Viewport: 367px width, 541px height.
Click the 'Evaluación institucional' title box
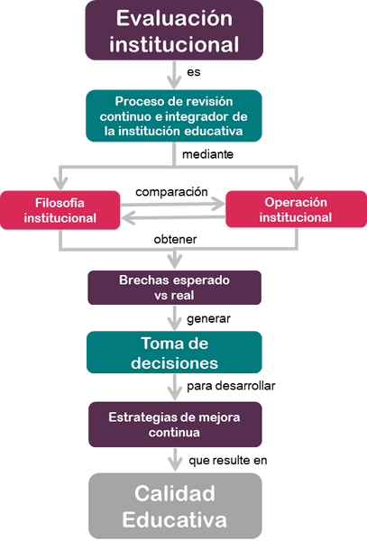[174, 31]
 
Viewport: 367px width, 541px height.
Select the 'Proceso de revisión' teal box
[174, 116]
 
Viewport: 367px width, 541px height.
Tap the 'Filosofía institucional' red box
[60, 210]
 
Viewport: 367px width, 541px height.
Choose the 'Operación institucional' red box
[296, 209]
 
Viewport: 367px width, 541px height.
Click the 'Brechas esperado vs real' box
[175, 288]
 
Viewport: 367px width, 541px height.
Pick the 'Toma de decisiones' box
[174, 353]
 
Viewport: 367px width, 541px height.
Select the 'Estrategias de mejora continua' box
[175, 425]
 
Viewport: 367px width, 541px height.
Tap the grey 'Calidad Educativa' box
[175, 506]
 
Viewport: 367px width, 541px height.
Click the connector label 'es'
[194, 72]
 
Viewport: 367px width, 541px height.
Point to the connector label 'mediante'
[207, 154]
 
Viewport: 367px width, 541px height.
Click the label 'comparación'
[171, 192]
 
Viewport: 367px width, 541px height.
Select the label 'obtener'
[175, 239]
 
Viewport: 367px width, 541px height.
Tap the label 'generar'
[208, 319]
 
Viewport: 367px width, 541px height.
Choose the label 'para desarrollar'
[231, 386]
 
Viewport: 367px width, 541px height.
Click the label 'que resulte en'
[227, 460]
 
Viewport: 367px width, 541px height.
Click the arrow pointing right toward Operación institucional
[173, 204]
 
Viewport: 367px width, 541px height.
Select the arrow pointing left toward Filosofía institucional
[173, 217]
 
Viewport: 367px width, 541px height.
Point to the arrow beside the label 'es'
[174, 75]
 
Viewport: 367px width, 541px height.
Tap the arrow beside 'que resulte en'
[175, 460]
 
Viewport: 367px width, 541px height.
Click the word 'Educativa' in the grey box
[175, 520]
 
